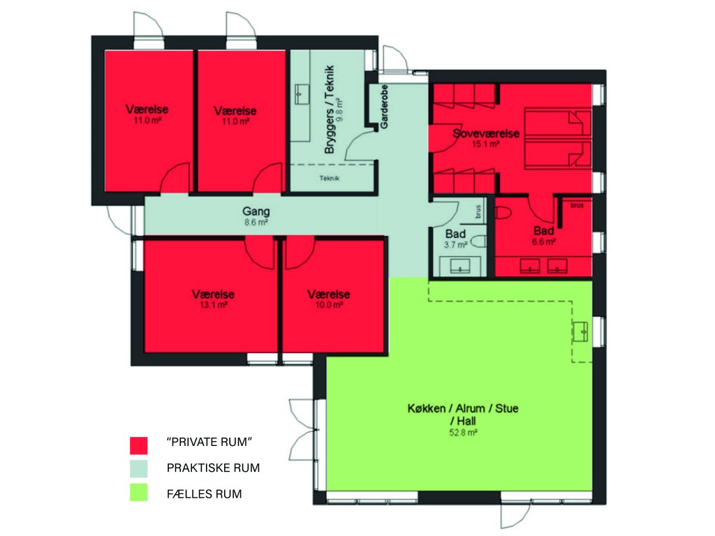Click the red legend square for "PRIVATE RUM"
pos(139,445)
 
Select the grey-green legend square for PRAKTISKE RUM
pos(139,468)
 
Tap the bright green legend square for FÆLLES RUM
pos(139,492)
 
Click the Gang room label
pos(256,211)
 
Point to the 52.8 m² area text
pos(464,433)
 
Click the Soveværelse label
pos(486,133)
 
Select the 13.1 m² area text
pos(214,305)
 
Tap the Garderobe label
pos(385,106)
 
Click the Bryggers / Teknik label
pos(330,110)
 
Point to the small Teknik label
pos(330,178)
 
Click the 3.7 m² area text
pos(455,245)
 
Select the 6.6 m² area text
pos(543,242)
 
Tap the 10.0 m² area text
pos(329,305)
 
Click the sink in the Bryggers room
pos(301,94)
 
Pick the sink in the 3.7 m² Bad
pos(460,266)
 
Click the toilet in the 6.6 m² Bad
pos(503,213)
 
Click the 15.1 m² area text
pos(486,144)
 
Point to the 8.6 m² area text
pos(256,223)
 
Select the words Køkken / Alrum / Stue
pos(463,408)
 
